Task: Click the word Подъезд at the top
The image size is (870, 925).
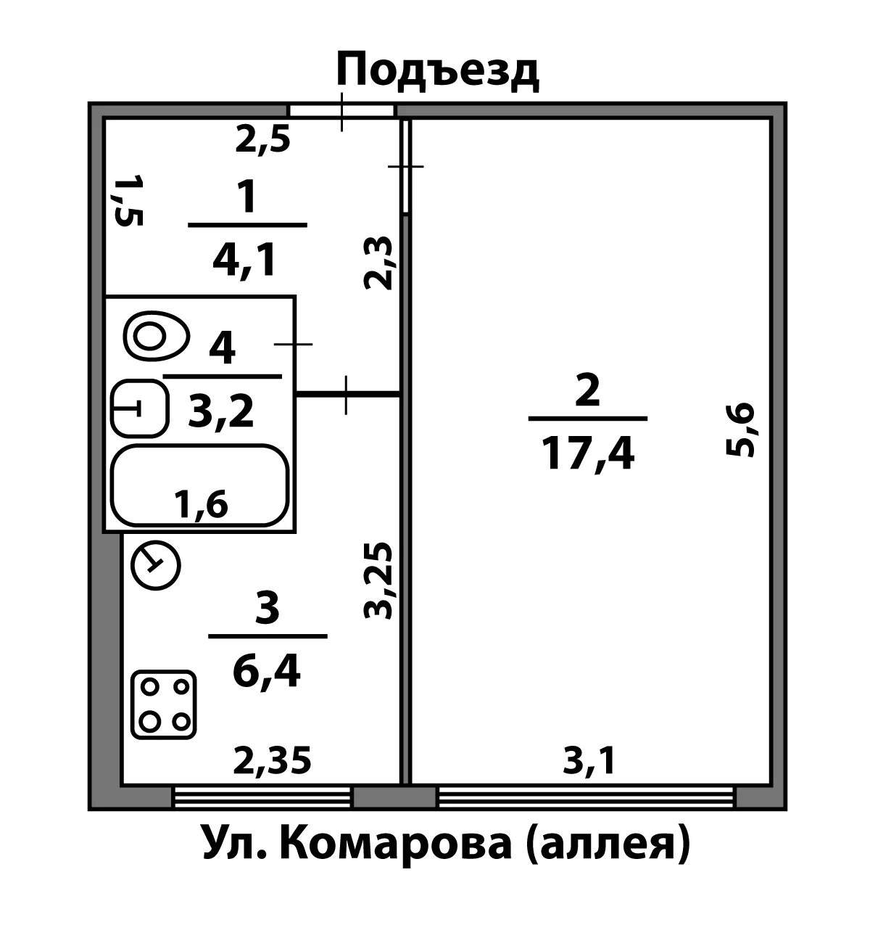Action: [438, 71]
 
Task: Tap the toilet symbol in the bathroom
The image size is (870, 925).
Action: [156, 336]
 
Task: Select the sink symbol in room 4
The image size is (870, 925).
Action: [139, 408]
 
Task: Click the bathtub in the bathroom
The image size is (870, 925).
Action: [199, 485]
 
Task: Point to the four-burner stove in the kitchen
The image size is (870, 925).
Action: [164, 705]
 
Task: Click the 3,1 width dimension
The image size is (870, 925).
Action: [589, 761]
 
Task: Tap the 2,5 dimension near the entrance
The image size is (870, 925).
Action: [263, 139]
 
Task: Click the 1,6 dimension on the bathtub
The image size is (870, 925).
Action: [200, 504]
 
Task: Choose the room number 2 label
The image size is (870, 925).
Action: [587, 392]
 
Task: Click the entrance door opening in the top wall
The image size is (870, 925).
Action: [341, 110]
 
